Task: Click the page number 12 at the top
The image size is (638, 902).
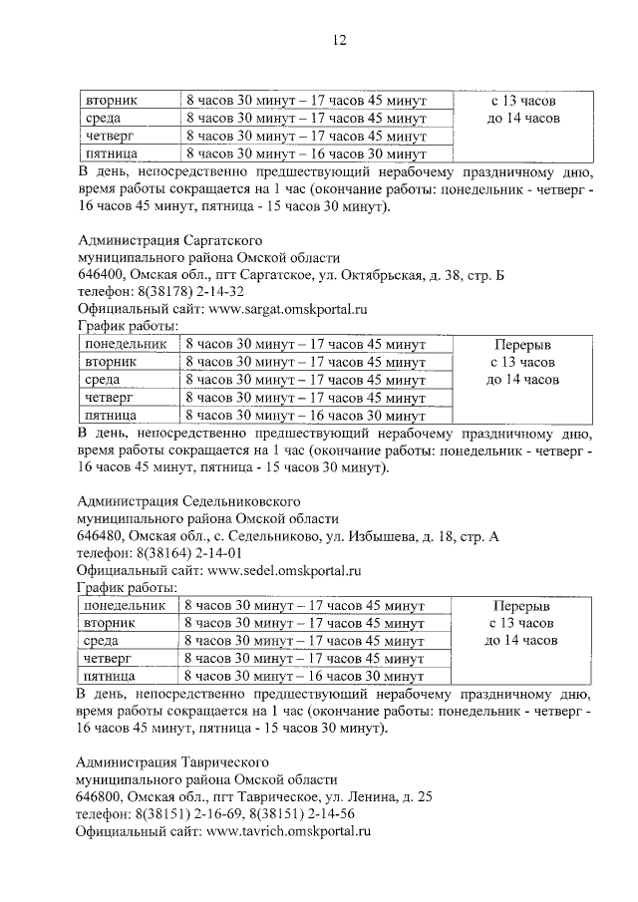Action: pyautogui.click(x=339, y=40)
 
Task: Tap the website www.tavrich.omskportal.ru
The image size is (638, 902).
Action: pyautogui.click(x=286, y=832)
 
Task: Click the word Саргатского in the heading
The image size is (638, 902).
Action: pyautogui.click(x=220, y=239)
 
